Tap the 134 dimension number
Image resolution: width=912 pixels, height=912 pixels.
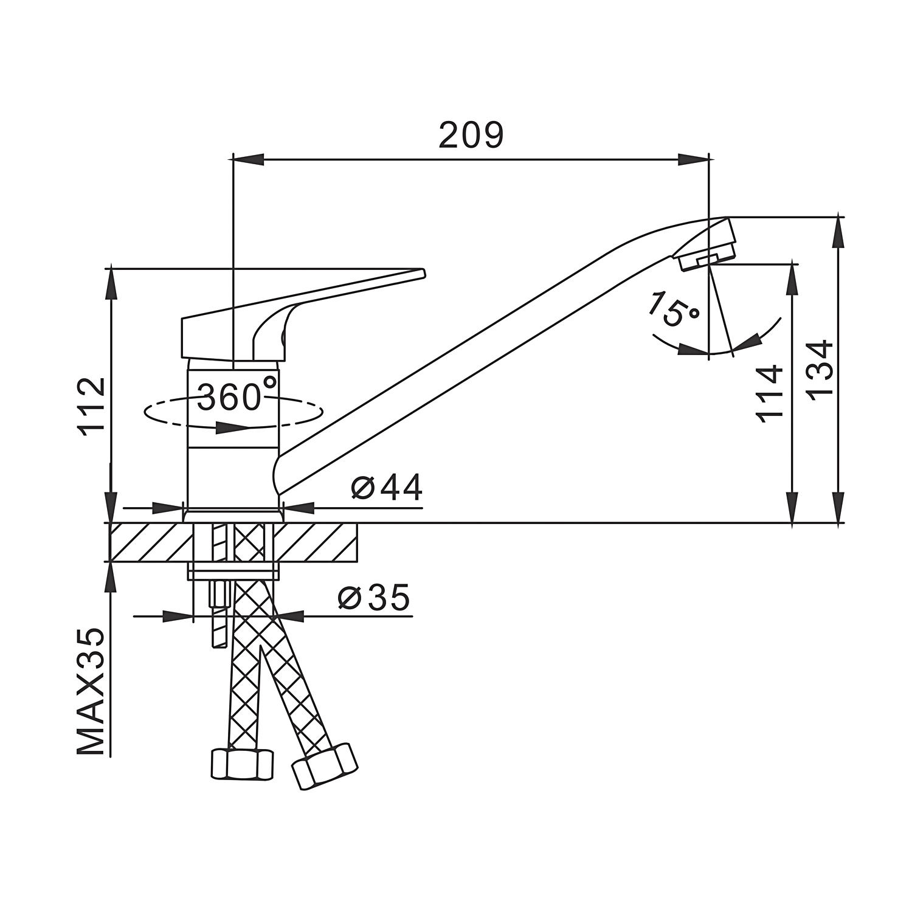820,369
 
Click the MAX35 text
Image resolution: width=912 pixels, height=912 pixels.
91,691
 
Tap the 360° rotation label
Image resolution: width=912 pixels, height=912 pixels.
237,395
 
